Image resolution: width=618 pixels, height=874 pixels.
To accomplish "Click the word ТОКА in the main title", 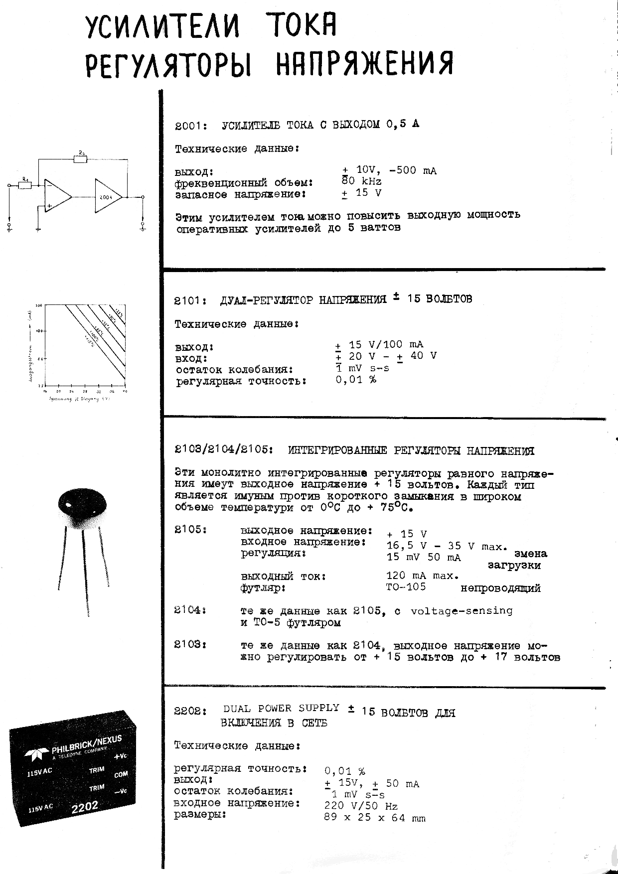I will [301, 26].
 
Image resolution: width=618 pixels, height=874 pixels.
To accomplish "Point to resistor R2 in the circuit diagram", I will [81, 159].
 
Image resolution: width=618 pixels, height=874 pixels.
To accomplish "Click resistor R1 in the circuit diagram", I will [25, 185].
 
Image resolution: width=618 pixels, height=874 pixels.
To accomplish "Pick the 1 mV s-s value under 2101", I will [362, 368].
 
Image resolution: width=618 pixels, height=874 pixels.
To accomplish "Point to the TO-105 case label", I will [406, 586].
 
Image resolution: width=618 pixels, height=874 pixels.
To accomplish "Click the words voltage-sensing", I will [461, 610].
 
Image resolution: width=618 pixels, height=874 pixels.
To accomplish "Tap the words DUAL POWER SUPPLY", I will [281, 708].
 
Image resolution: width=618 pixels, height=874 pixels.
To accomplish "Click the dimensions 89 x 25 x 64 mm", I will [374, 818].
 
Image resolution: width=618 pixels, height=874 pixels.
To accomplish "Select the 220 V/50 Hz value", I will [361, 805].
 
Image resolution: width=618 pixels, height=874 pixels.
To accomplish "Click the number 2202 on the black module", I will [85, 806].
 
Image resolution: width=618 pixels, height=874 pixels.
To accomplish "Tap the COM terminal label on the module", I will [121, 774].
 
